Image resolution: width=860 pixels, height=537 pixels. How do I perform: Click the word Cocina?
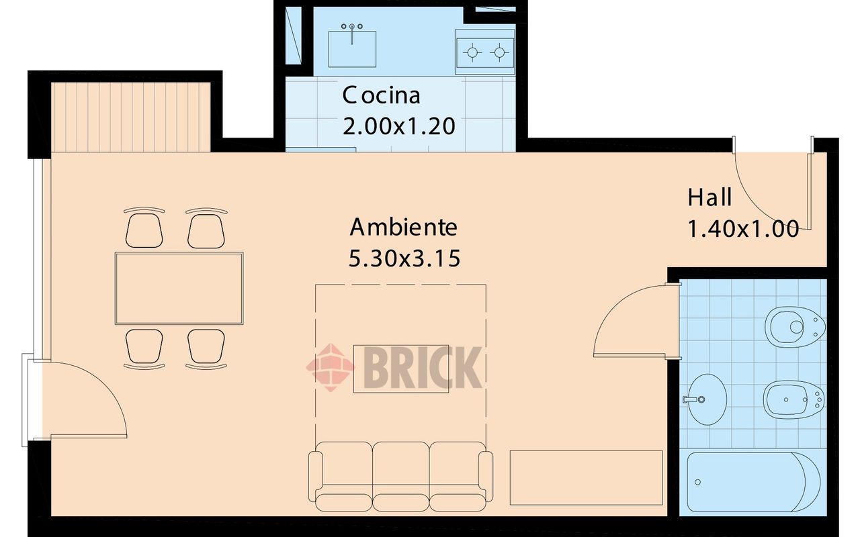click(381, 95)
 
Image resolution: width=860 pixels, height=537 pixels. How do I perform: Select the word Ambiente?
click(403, 228)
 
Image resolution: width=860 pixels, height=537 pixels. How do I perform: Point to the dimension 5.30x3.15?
click(404, 258)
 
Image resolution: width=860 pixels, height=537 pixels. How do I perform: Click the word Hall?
click(709, 198)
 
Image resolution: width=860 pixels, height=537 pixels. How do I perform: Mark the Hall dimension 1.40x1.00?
click(743, 230)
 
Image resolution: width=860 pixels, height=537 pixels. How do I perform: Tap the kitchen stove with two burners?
click(485, 52)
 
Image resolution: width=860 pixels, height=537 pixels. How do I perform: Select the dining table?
click(179, 288)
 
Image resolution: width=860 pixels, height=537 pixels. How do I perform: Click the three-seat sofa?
click(400, 475)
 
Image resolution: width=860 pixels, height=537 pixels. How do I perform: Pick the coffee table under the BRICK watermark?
click(401, 369)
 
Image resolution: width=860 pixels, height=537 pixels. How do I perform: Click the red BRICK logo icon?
click(331, 366)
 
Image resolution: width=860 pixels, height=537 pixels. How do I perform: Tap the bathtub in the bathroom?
click(753, 481)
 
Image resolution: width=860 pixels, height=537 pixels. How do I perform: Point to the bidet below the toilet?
click(793, 399)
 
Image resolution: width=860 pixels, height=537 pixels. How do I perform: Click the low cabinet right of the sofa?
click(586, 477)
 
